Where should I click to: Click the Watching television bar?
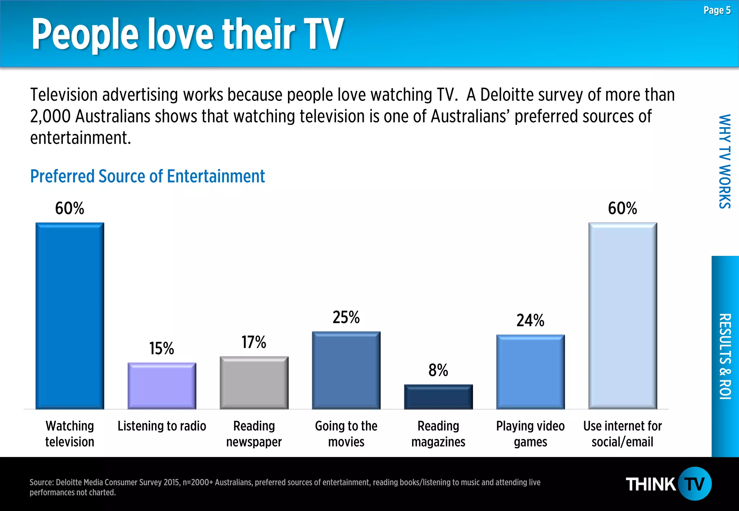point(70,316)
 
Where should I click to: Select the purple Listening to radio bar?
point(162,386)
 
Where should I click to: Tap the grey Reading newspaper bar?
point(254,383)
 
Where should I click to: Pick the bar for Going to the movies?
point(346,370)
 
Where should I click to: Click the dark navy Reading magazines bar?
point(438,397)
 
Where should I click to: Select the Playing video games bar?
point(530,372)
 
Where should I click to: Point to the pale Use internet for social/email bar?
point(622,316)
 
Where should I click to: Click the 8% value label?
point(438,370)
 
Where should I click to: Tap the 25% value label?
point(346,317)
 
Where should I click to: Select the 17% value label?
point(254,342)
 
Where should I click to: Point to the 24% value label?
point(530,320)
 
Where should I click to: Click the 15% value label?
point(162,348)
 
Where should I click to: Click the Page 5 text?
point(717,10)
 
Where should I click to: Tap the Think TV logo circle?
point(695,484)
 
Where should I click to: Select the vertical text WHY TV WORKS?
point(725,161)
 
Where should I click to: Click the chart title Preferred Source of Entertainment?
point(147,177)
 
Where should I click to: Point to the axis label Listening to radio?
point(162,426)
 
